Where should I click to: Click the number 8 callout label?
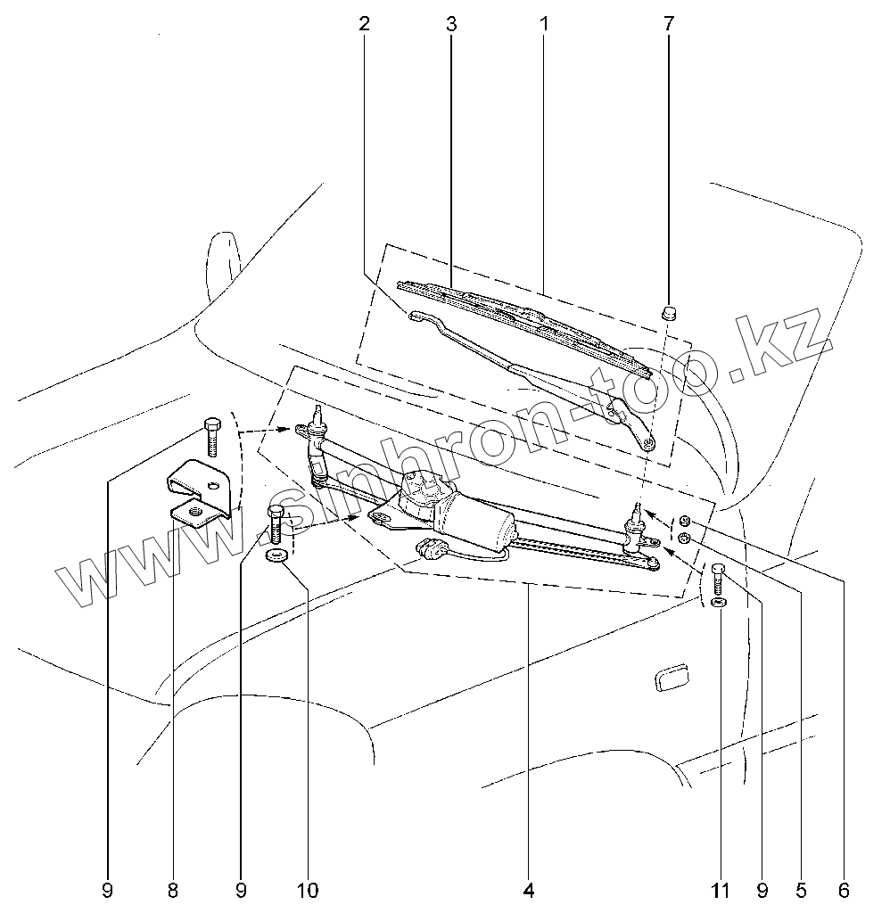point(173,890)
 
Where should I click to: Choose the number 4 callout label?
point(529,890)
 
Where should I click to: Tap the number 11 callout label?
point(721,890)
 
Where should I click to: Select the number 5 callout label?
point(802,890)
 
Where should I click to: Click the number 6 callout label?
point(844,890)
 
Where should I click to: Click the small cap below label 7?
point(669,312)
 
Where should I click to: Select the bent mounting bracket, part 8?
point(201,492)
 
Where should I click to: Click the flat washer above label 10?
point(276,557)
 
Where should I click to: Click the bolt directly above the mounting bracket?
point(212,435)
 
